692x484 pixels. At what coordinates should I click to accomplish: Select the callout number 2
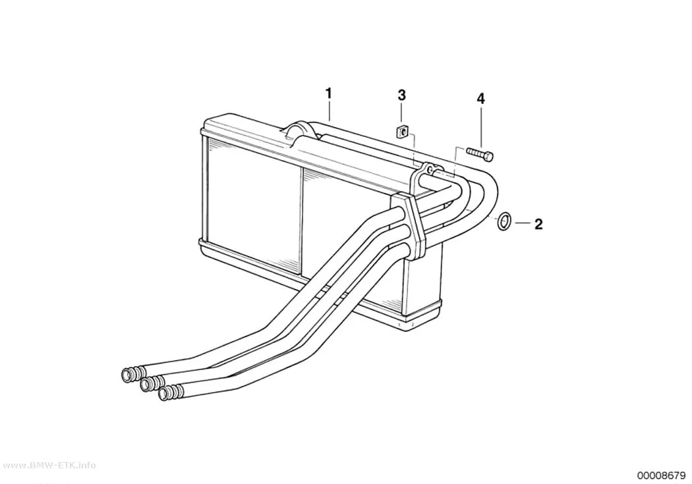click(x=538, y=224)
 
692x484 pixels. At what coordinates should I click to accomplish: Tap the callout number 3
click(x=401, y=95)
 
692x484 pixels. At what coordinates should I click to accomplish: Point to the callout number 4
click(x=480, y=99)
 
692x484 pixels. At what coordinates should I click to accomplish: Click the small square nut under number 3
click(x=402, y=131)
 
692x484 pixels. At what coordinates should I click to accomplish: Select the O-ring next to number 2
click(x=504, y=221)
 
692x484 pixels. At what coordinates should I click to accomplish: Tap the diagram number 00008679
click(x=660, y=475)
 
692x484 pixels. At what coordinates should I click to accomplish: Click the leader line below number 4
click(x=480, y=126)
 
